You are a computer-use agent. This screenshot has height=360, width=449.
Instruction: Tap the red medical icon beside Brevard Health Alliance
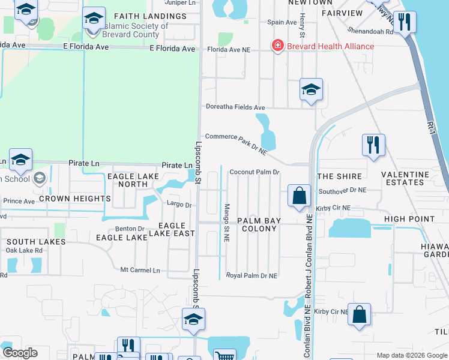277,46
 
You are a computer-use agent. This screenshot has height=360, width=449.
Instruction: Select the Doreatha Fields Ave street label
235,107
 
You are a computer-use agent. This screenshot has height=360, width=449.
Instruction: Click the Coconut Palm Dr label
255,172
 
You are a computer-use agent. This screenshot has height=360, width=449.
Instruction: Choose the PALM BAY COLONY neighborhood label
259,225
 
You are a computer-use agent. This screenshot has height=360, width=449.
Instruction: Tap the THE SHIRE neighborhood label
339,176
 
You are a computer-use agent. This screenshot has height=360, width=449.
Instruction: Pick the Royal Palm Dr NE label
252,275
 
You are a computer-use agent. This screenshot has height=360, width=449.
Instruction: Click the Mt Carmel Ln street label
140,270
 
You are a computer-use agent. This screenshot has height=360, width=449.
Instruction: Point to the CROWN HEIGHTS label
75,198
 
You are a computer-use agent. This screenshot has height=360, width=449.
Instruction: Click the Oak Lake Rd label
24,250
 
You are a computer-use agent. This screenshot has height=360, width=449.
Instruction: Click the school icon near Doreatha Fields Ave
311,90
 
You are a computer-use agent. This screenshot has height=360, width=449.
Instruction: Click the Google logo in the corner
20,353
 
